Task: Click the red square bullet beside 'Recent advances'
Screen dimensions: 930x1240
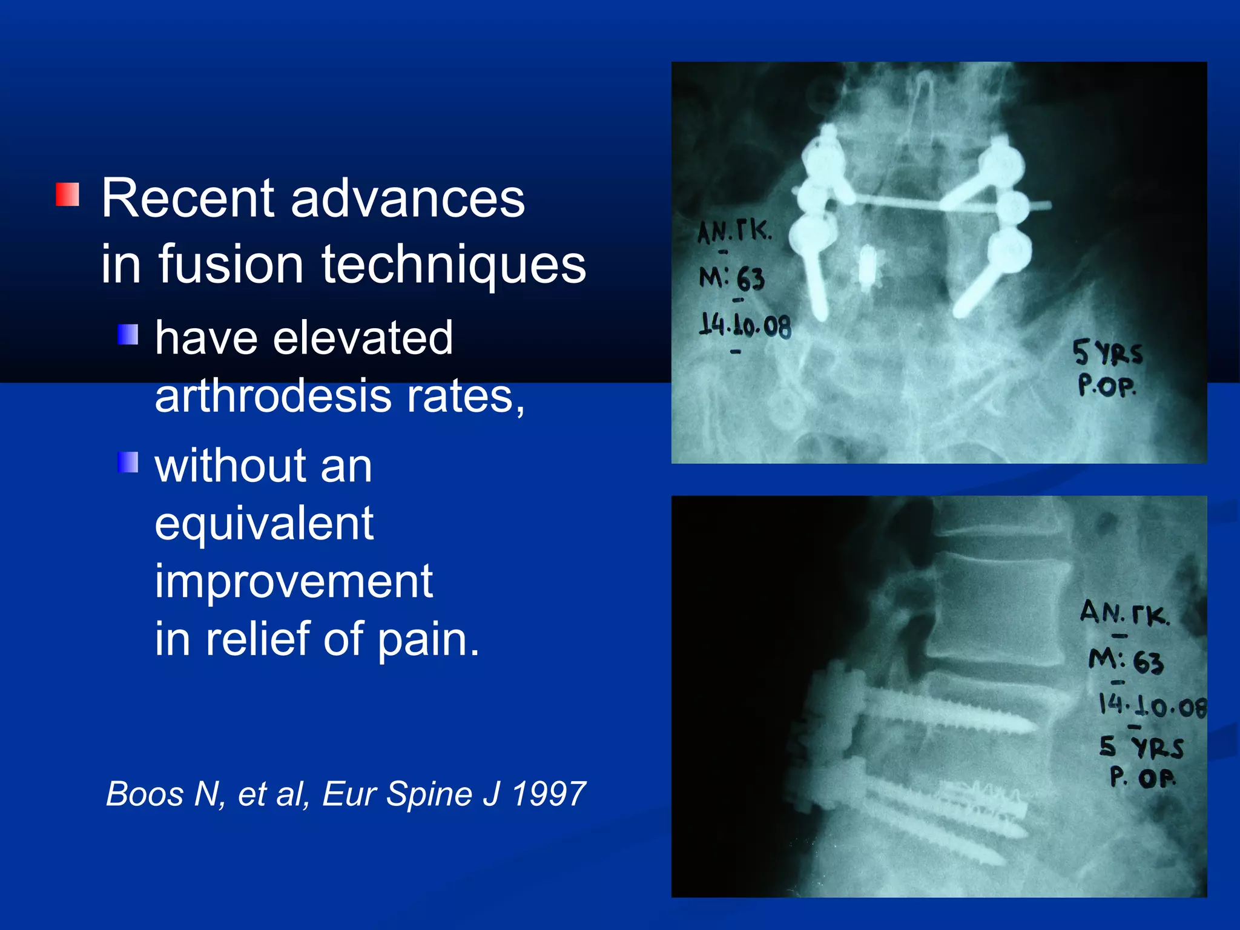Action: [x=67, y=194]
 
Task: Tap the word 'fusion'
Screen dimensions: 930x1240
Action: [x=231, y=264]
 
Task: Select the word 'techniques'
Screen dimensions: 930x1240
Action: [x=453, y=264]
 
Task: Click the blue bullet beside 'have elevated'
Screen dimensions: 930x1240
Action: [x=128, y=334]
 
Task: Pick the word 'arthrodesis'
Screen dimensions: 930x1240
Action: [x=273, y=396]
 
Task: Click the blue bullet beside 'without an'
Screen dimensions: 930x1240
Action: [x=128, y=462]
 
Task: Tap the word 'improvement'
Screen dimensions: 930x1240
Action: [x=294, y=581]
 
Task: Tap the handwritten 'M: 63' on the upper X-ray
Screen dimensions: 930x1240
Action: [x=732, y=279]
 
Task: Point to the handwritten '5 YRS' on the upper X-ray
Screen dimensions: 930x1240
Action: [x=1107, y=352]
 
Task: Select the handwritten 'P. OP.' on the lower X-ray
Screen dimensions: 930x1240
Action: [x=1143, y=777]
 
